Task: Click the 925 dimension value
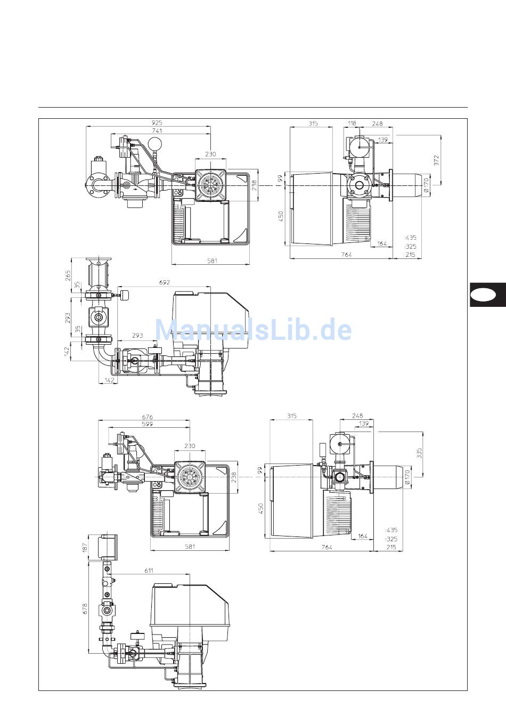tap(157, 123)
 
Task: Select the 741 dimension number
tap(157, 131)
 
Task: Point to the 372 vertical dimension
tap(436, 160)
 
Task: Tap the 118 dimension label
tap(352, 124)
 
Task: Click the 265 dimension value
tap(68, 275)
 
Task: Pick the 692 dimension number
tap(164, 282)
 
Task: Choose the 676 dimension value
tap(148, 417)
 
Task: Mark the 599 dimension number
tap(147, 424)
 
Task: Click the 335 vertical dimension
tap(419, 453)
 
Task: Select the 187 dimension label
tap(85, 547)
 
